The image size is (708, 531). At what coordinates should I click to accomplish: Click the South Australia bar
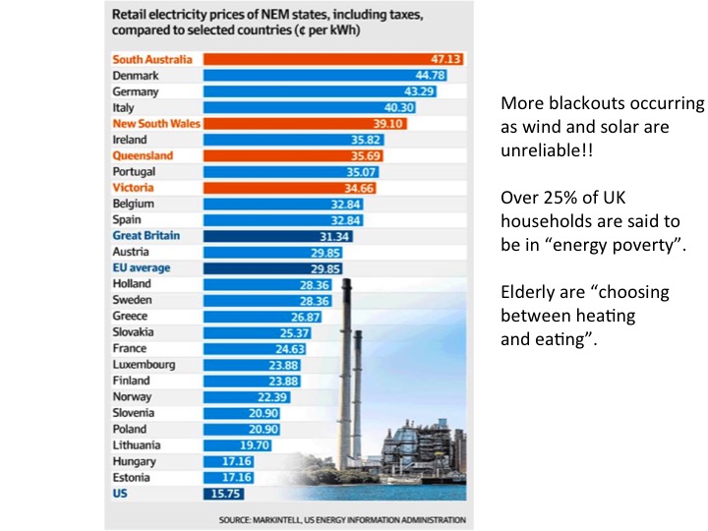(x=333, y=59)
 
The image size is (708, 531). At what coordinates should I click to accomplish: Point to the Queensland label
(x=143, y=155)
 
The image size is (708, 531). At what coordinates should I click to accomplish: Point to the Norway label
(x=133, y=396)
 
